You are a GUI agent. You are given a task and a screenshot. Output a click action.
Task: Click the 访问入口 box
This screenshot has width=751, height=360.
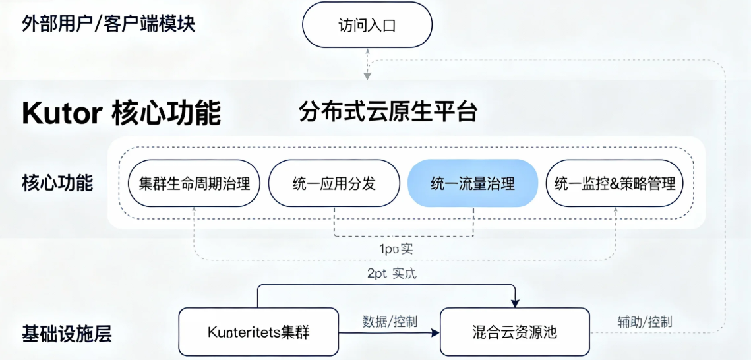point(367,26)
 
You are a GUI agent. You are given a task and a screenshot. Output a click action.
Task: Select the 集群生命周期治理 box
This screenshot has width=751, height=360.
point(194,183)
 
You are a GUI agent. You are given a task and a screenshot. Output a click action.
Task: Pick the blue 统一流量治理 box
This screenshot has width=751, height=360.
point(473,183)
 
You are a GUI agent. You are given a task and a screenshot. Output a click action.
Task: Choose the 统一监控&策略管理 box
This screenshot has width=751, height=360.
point(615,183)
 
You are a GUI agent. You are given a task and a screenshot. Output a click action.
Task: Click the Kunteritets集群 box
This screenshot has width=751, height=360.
point(258,332)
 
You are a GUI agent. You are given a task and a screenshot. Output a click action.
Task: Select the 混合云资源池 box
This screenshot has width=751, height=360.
point(514,332)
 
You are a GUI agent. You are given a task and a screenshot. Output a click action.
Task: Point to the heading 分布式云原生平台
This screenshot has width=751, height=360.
point(388,111)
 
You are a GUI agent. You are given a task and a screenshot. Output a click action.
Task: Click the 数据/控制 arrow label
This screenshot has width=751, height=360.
point(390,321)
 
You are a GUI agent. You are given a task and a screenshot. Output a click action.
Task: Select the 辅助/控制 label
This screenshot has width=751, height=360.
point(644,321)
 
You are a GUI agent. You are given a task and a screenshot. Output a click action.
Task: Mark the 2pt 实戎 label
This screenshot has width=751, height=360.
point(392,272)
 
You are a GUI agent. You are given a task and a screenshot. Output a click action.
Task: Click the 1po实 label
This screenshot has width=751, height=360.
point(395,249)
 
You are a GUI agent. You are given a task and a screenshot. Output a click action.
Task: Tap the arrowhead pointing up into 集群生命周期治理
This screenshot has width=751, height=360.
point(194,209)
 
